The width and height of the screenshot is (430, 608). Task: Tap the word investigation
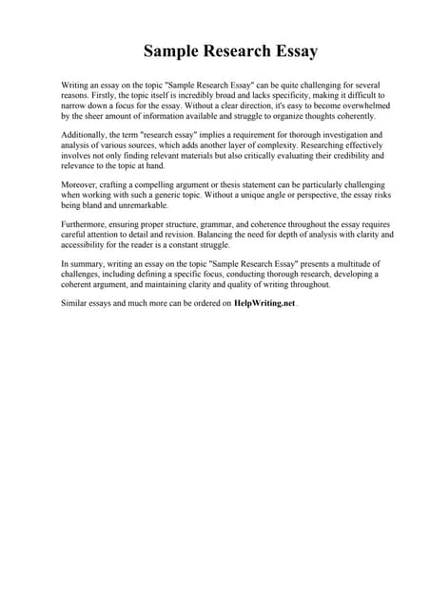click(322, 135)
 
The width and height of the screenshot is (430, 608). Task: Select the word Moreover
click(80, 184)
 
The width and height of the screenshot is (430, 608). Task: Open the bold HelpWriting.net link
click(264, 303)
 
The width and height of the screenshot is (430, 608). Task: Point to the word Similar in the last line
click(75, 303)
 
